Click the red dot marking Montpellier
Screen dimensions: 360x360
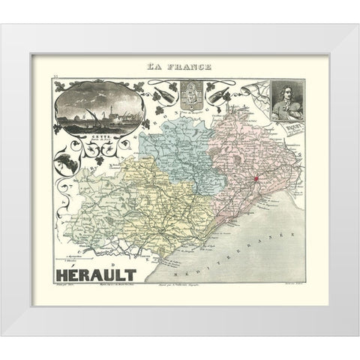coord(255,178)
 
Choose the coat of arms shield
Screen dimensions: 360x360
coord(190,97)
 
